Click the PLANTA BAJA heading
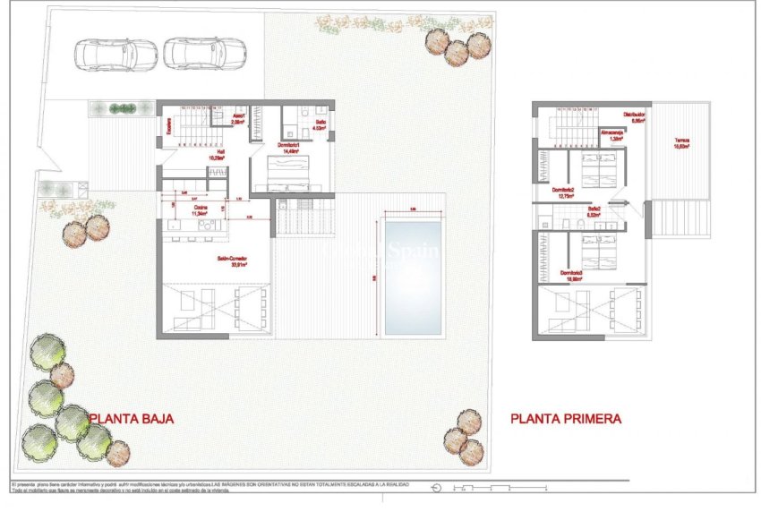[x=131, y=418]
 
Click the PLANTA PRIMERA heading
[x=566, y=418]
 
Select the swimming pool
[x=412, y=277]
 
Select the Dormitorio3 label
[x=572, y=273]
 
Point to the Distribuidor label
[x=635, y=115]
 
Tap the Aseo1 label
[x=239, y=117]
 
